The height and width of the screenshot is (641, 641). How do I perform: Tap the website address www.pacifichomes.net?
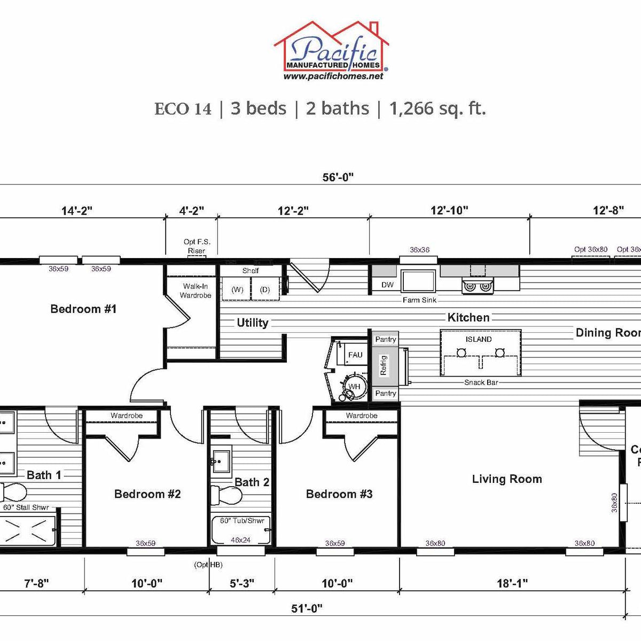click(x=333, y=76)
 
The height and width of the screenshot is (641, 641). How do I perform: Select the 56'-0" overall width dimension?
click(x=338, y=177)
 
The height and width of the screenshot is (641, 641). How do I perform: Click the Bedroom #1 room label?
click(x=83, y=309)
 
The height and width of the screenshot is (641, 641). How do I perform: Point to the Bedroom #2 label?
click(x=147, y=494)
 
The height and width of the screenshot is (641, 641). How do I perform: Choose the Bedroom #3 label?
click(x=339, y=494)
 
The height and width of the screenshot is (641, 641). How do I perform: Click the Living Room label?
click(x=507, y=479)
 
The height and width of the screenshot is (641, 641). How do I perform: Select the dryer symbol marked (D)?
click(x=265, y=290)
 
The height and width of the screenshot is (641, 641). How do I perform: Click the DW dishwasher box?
click(x=387, y=285)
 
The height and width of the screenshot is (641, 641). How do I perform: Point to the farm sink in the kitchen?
click(x=419, y=281)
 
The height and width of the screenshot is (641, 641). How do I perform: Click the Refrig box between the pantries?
click(x=384, y=365)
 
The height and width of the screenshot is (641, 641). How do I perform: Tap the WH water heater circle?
click(x=354, y=386)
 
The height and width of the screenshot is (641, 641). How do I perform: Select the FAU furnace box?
click(x=355, y=355)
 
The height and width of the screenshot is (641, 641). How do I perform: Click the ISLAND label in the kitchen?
click(x=479, y=339)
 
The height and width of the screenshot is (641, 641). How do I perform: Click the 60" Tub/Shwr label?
click(x=242, y=521)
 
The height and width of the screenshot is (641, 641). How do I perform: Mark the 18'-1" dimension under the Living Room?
click(x=512, y=583)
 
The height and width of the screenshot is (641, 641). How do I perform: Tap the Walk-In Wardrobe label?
click(x=196, y=291)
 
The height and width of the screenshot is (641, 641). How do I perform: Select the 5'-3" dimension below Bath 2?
click(x=242, y=583)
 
